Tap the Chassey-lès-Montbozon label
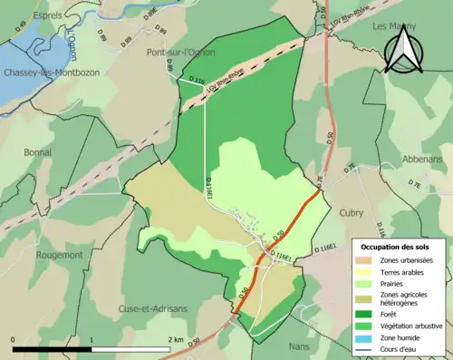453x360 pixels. coord(44,72)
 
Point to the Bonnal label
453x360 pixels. coord(39,151)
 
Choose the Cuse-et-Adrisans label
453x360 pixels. coord(152,308)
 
